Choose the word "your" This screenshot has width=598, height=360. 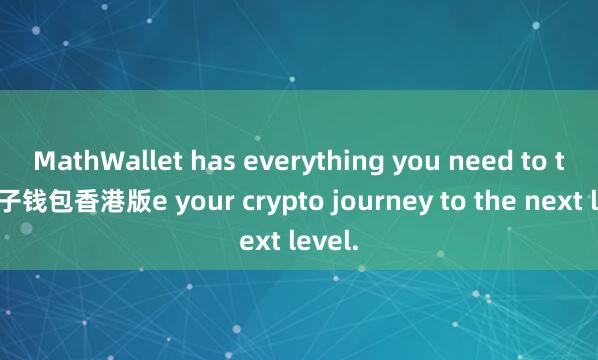pos(186,203)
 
